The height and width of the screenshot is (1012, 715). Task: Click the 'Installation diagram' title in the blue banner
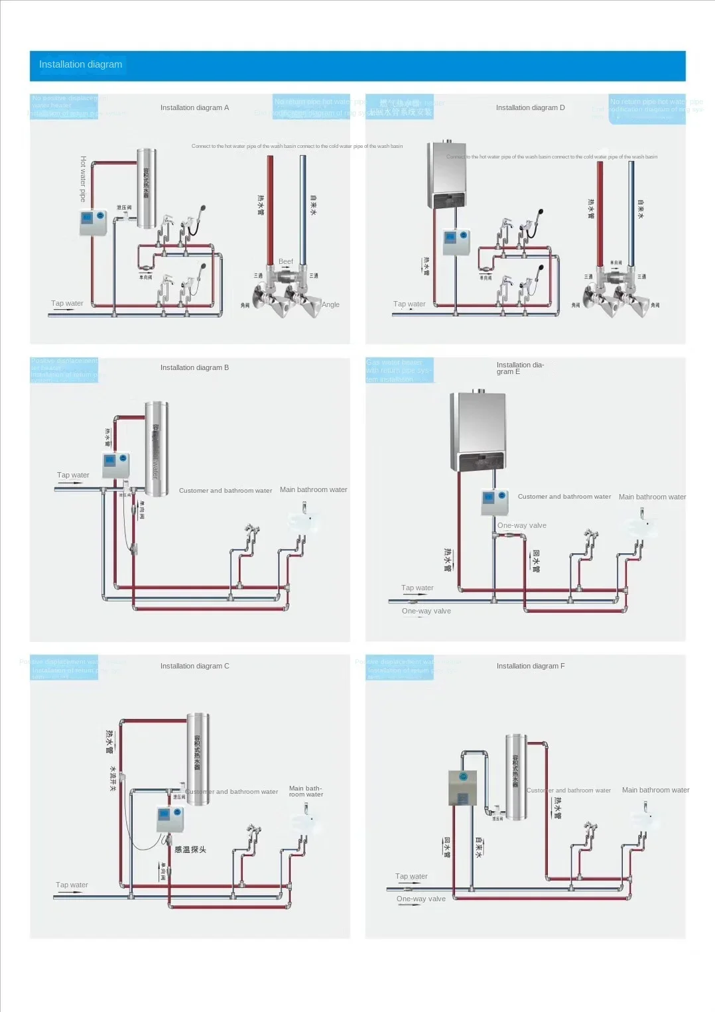(80, 64)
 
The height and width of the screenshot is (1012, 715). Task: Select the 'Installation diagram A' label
(194, 107)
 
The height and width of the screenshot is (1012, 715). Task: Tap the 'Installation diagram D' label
(530, 107)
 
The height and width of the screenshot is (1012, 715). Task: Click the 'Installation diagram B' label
(194, 367)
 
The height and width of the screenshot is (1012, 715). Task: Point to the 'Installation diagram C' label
(194, 666)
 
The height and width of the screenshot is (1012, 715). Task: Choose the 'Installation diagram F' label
(530, 666)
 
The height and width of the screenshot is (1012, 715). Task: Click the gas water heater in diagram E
(478, 430)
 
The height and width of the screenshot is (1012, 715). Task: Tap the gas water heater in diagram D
(448, 174)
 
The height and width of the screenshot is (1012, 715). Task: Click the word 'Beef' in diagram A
(286, 262)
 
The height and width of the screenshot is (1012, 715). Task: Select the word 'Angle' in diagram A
(330, 305)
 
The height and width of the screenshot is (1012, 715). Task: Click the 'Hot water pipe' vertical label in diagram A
(83, 179)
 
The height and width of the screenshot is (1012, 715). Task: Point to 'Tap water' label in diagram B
(73, 475)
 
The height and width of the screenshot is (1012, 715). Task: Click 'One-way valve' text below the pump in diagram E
(522, 525)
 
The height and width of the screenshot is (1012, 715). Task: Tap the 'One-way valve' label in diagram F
(421, 899)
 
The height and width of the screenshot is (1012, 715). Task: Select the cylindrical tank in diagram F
(516, 777)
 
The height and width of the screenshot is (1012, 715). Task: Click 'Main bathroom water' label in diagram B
(313, 490)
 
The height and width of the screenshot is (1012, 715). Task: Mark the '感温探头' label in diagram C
(190, 850)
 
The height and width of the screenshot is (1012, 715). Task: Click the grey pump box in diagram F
(462, 788)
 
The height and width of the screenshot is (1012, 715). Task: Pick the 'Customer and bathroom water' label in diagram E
(564, 497)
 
